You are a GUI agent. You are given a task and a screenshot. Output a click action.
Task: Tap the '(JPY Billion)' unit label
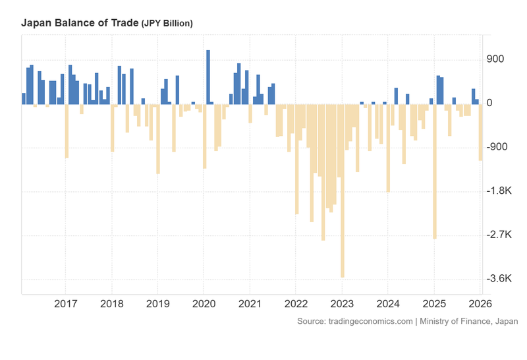[167, 24]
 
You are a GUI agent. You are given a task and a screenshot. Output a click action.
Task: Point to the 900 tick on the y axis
[495, 59]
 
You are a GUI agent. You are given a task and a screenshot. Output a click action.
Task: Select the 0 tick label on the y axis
[489, 104]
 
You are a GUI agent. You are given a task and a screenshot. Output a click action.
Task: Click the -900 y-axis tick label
[496, 147]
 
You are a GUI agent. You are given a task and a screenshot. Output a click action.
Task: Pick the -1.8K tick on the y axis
[499, 191]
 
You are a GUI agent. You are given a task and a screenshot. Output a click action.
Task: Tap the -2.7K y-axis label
[499, 235]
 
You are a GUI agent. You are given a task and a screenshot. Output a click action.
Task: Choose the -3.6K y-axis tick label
[499, 279]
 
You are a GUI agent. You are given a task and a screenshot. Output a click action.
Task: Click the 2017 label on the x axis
[65, 304]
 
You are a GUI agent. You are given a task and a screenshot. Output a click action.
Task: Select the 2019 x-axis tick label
[157, 304]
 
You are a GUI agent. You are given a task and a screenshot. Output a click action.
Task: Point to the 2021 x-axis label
[250, 304]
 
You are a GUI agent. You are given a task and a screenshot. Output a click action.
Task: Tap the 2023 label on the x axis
[342, 304]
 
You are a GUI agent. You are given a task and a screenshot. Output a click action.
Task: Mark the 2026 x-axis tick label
[479, 304]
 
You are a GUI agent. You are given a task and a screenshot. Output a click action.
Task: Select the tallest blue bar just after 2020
[208, 76]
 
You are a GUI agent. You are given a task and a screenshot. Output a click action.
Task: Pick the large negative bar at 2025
[434, 171]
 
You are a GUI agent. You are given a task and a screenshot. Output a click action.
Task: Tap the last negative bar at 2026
[480, 132]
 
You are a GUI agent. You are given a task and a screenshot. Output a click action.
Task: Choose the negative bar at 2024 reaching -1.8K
[388, 148]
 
